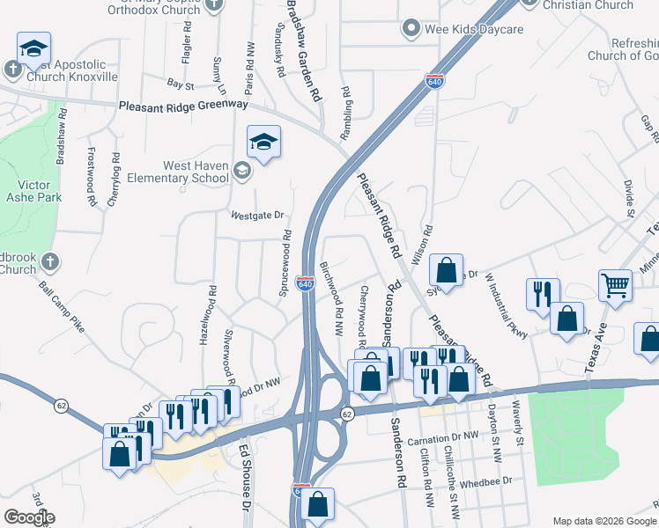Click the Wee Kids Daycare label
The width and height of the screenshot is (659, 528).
pos(474,29)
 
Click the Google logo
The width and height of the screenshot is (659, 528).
pos(29,517)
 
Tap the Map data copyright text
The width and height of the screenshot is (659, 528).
pos(603,521)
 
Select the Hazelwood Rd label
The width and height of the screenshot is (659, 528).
pos(211,312)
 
